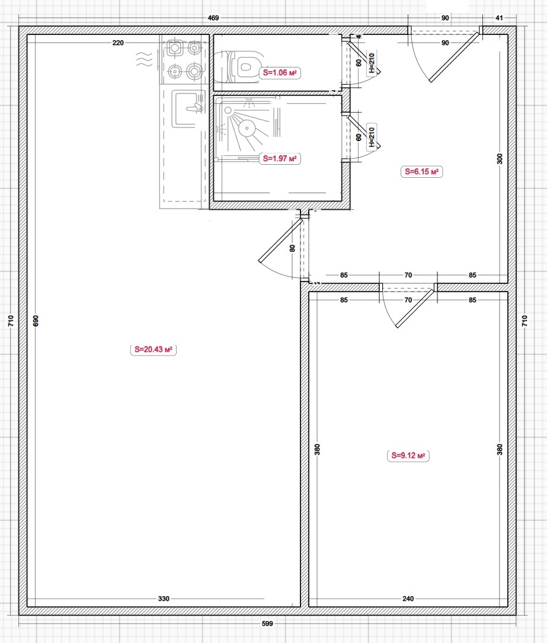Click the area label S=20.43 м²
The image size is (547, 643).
(x=153, y=350)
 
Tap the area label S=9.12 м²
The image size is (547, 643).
(x=408, y=456)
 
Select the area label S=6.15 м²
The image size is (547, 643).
(x=421, y=172)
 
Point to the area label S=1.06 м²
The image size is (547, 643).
(x=280, y=72)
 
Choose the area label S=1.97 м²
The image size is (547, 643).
(x=280, y=158)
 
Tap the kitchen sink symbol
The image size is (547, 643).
(x=188, y=108)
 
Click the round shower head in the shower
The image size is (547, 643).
(x=247, y=129)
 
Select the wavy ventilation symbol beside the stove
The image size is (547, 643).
(x=145, y=59)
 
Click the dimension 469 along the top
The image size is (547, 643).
(x=213, y=18)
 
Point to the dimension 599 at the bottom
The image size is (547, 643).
(x=267, y=623)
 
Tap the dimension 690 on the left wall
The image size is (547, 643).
(x=36, y=321)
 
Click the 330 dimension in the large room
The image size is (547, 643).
(x=164, y=599)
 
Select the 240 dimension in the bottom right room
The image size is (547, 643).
(x=408, y=599)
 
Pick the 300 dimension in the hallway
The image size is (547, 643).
(x=500, y=159)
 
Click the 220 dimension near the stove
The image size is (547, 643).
(x=118, y=43)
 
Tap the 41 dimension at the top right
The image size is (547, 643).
(x=499, y=18)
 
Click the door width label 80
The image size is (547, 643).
(x=292, y=248)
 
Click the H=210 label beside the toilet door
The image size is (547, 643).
(x=372, y=63)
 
